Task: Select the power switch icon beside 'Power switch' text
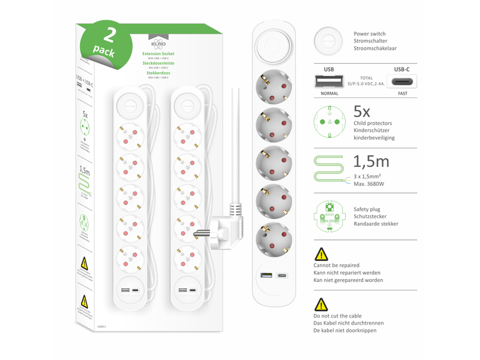click(328, 41)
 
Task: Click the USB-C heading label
click(401, 70)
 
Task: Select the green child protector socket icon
click(329, 122)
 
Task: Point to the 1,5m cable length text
click(371, 161)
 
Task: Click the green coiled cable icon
click(329, 167)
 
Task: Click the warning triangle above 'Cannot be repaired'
click(322, 254)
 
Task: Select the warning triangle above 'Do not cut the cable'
click(322, 304)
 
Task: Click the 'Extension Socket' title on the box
click(157, 53)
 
